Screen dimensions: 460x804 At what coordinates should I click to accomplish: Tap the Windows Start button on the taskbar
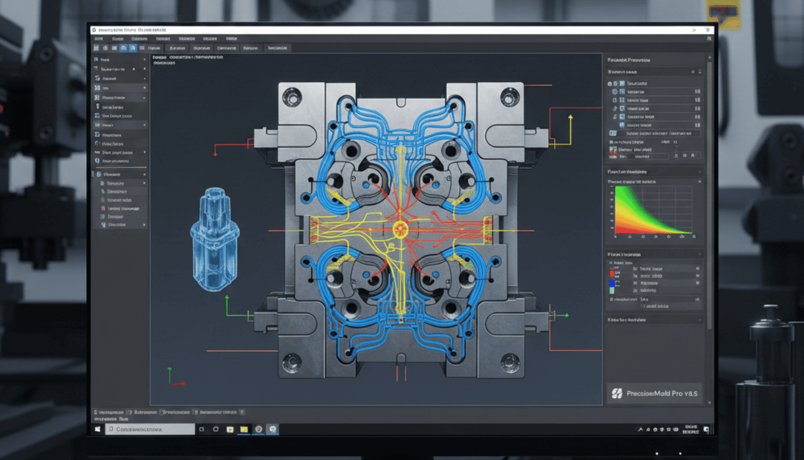coord(97,429)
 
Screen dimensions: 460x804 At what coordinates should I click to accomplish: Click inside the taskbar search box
coord(150,429)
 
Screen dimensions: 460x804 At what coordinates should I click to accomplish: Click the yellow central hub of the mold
coord(400,228)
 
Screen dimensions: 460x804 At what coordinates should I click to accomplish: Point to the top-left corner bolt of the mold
coord(292,97)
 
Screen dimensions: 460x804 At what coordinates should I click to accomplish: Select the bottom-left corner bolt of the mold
coord(292,361)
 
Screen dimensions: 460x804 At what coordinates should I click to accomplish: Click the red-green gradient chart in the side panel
coord(653,209)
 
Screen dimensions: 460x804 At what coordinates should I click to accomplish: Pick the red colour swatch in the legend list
coord(611,273)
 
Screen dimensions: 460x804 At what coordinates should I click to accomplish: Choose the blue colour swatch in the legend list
coord(611,282)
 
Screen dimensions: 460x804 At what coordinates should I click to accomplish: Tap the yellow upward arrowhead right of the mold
coord(571,118)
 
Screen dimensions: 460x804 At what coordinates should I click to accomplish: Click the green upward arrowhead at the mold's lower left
coord(227,299)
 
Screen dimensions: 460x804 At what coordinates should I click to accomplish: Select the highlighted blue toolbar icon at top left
coord(122,47)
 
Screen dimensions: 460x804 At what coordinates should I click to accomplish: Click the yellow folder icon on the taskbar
coord(243,429)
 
